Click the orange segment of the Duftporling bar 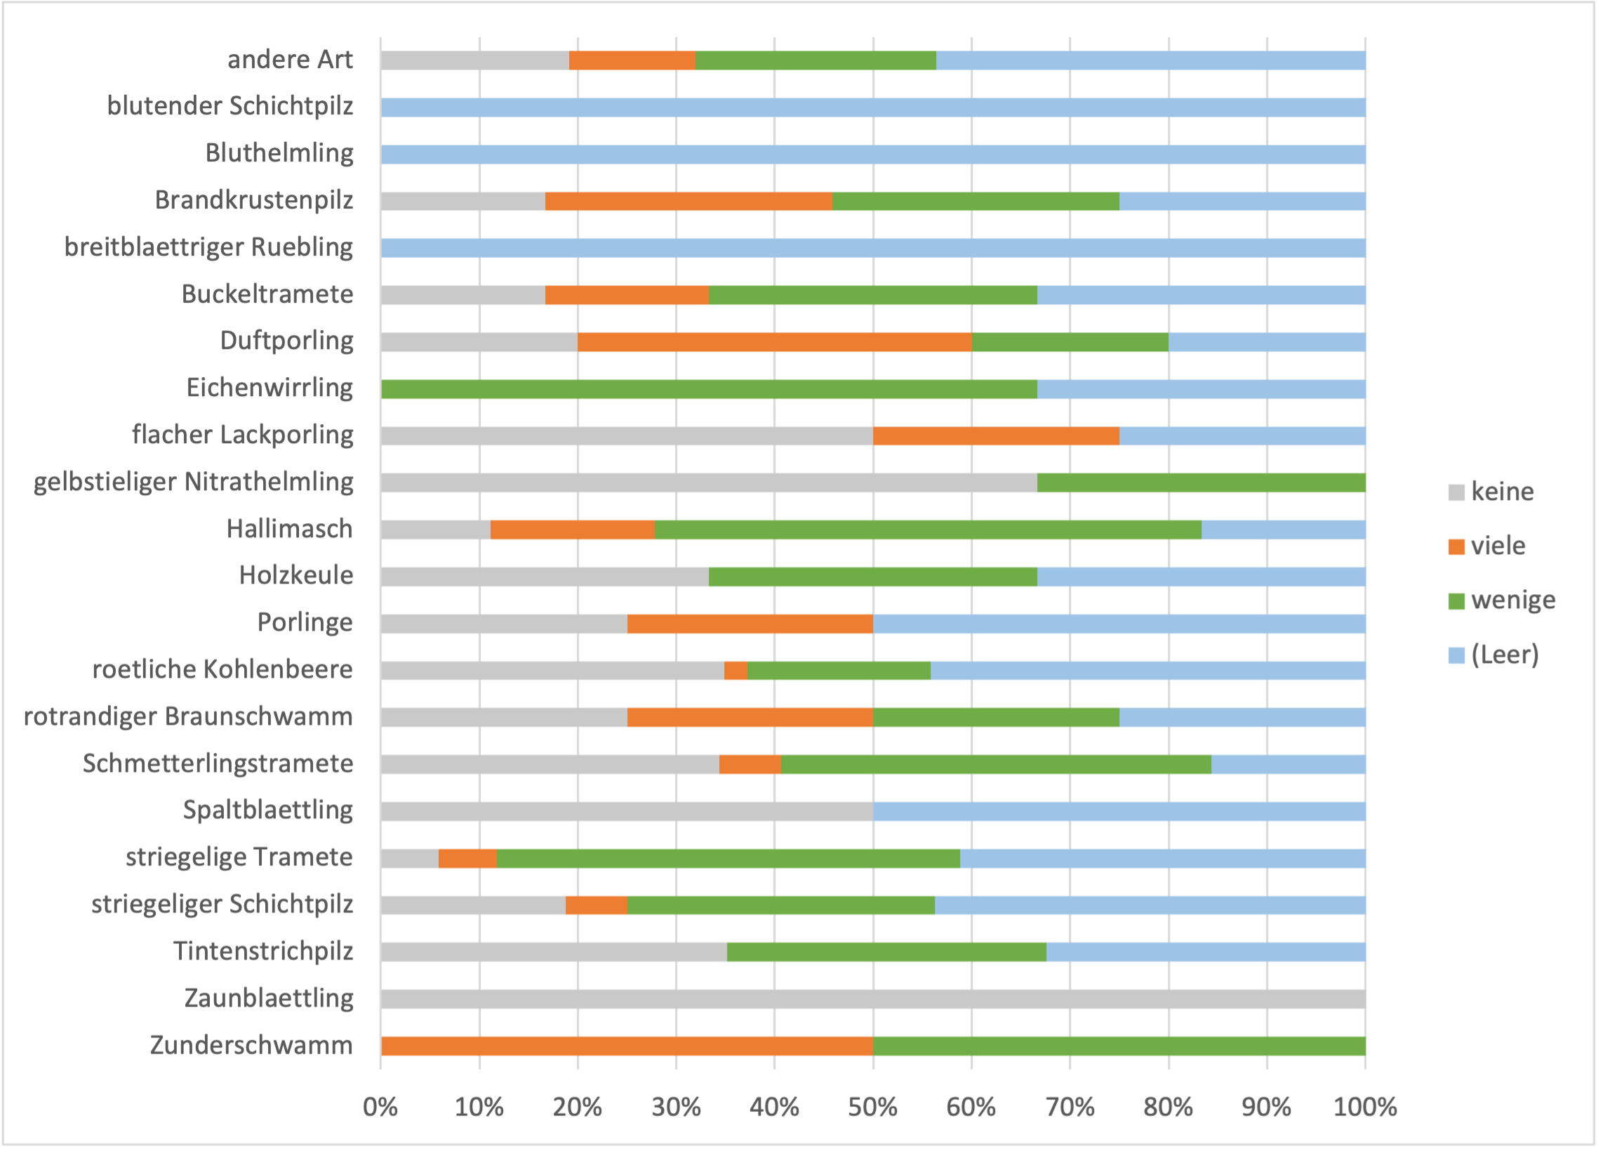774,342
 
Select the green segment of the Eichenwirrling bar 709,389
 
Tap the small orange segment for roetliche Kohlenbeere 735,671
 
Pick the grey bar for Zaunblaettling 873,999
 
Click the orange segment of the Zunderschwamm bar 627,1046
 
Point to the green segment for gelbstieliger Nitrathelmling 1201,483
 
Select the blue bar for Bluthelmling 873,155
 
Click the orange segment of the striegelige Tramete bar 468,858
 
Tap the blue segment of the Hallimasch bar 1284,530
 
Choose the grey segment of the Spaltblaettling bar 627,811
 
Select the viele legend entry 1486,546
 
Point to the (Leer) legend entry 1493,655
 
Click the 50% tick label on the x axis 873,1108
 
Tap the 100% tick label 1365,1108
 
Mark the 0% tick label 380,1108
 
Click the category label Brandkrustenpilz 253,200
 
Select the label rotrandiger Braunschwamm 188,717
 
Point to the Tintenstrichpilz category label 263,952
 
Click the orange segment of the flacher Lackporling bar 997,435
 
